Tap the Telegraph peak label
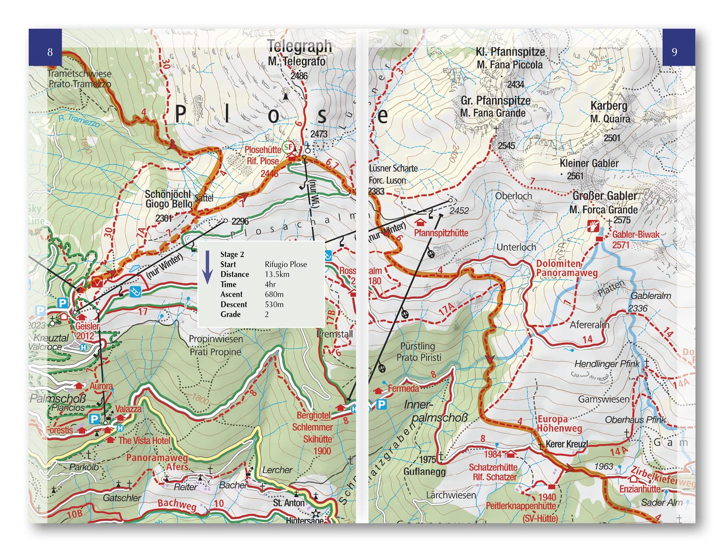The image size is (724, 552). click(299, 46)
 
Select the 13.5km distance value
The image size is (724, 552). click(277, 275)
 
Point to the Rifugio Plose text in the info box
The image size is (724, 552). click(286, 264)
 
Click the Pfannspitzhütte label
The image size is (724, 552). click(441, 233)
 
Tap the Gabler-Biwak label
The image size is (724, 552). click(635, 235)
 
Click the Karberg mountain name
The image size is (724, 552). click(609, 106)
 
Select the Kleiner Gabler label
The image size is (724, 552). click(589, 164)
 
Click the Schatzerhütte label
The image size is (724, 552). click(493, 467)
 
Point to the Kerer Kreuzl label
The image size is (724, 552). click(566, 444)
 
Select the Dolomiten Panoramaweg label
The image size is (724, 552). click(566, 268)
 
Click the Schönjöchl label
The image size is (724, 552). click(167, 194)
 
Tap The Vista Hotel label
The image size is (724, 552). click(144, 441)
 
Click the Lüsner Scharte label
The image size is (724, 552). click(393, 168)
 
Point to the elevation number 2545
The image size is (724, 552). click(506, 146)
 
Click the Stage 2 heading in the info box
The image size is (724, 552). click(232, 254)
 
